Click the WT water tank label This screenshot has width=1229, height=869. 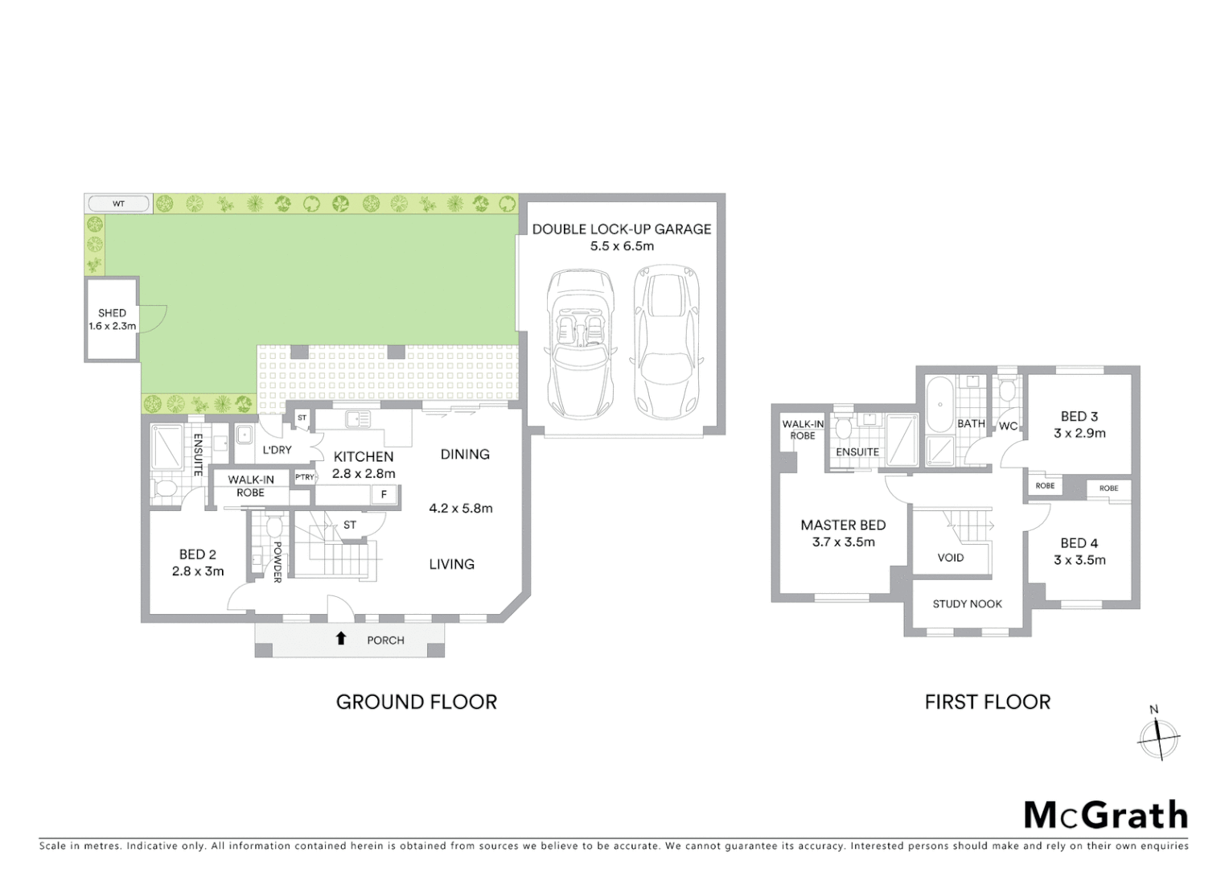click(118, 204)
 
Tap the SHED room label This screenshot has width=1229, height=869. click(112, 313)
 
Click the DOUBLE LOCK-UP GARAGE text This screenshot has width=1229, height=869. click(621, 229)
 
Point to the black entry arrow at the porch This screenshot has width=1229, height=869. click(341, 638)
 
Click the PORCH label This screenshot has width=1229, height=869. click(385, 640)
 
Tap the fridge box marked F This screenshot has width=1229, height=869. click(384, 495)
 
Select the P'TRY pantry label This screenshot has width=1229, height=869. click(304, 477)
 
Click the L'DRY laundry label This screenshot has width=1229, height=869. click(277, 450)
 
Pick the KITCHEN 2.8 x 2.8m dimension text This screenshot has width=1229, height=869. click(364, 474)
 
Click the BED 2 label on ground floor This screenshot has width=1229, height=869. click(197, 554)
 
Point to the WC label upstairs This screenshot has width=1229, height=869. click(1008, 426)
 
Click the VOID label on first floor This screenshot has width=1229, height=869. click(950, 558)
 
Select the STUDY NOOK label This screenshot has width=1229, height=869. click(967, 603)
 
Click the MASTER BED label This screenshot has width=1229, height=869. click(843, 525)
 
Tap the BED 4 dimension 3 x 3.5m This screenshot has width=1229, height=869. click(1079, 560)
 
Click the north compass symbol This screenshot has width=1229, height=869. click(1158, 735)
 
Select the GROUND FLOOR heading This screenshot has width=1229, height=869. click(416, 702)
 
